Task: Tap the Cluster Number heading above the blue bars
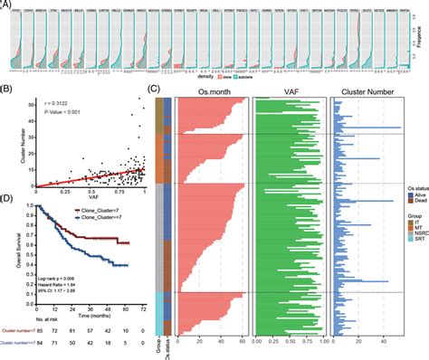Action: [367, 91]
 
